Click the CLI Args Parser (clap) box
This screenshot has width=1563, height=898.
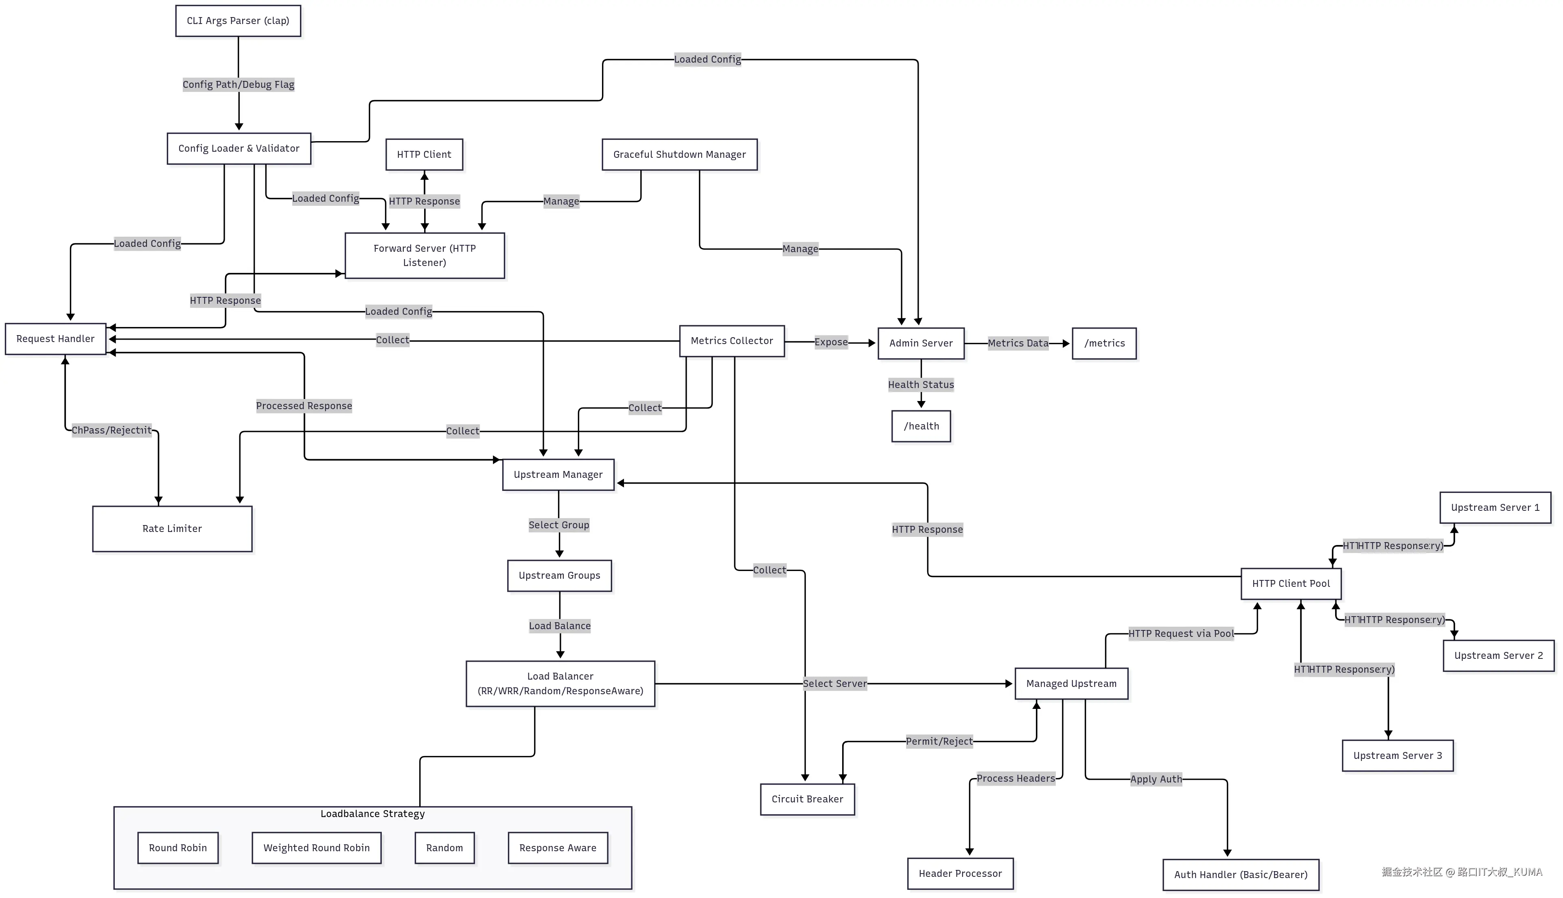click(x=238, y=21)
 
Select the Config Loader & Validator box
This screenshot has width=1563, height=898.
click(x=239, y=148)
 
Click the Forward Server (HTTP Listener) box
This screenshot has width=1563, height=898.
click(x=425, y=255)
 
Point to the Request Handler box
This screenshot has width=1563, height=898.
click(x=55, y=339)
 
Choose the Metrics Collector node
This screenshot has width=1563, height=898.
click(x=732, y=341)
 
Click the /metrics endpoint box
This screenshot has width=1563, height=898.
click(x=1104, y=344)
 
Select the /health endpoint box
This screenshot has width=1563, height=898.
click(x=921, y=426)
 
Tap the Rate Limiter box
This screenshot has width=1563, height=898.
click(x=172, y=529)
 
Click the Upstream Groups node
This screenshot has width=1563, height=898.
click(x=559, y=575)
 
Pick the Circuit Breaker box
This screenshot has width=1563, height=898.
click(x=807, y=799)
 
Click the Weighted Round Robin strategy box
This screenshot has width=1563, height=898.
click(x=317, y=848)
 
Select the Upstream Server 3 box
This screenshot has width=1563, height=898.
click(x=1398, y=756)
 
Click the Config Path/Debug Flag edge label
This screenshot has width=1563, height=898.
click(x=238, y=85)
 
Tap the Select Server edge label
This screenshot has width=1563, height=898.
click(x=834, y=683)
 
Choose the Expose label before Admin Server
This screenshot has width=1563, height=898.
click(x=831, y=342)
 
